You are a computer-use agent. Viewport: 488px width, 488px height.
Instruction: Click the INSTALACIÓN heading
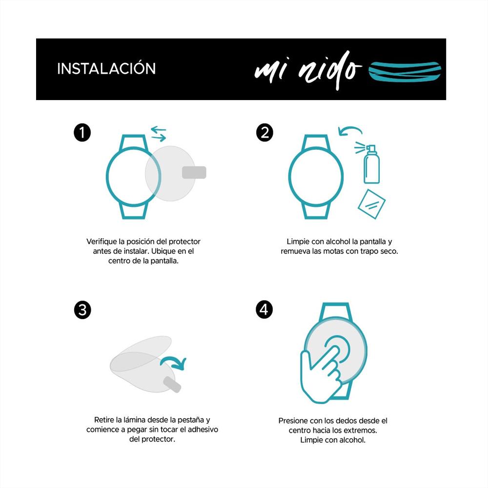[106, 68]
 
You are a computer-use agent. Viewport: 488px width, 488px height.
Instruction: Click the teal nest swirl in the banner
[405, 72]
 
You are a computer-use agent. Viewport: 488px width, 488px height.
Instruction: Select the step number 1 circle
[82, 133]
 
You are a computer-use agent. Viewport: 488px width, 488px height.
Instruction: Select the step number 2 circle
[264, 133]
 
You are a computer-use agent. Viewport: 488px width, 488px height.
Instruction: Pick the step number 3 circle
[82, 310]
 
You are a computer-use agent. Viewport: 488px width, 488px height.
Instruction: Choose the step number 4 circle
[264, 310]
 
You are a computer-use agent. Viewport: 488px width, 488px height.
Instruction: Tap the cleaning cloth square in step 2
[371, 204]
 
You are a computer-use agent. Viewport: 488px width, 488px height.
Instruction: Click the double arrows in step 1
[159, 134]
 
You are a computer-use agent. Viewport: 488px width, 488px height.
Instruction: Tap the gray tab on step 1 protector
[194, 173]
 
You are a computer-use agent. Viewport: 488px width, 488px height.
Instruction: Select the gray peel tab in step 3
[172, 385]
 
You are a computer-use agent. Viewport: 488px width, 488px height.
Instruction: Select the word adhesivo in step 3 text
[203, 429]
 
